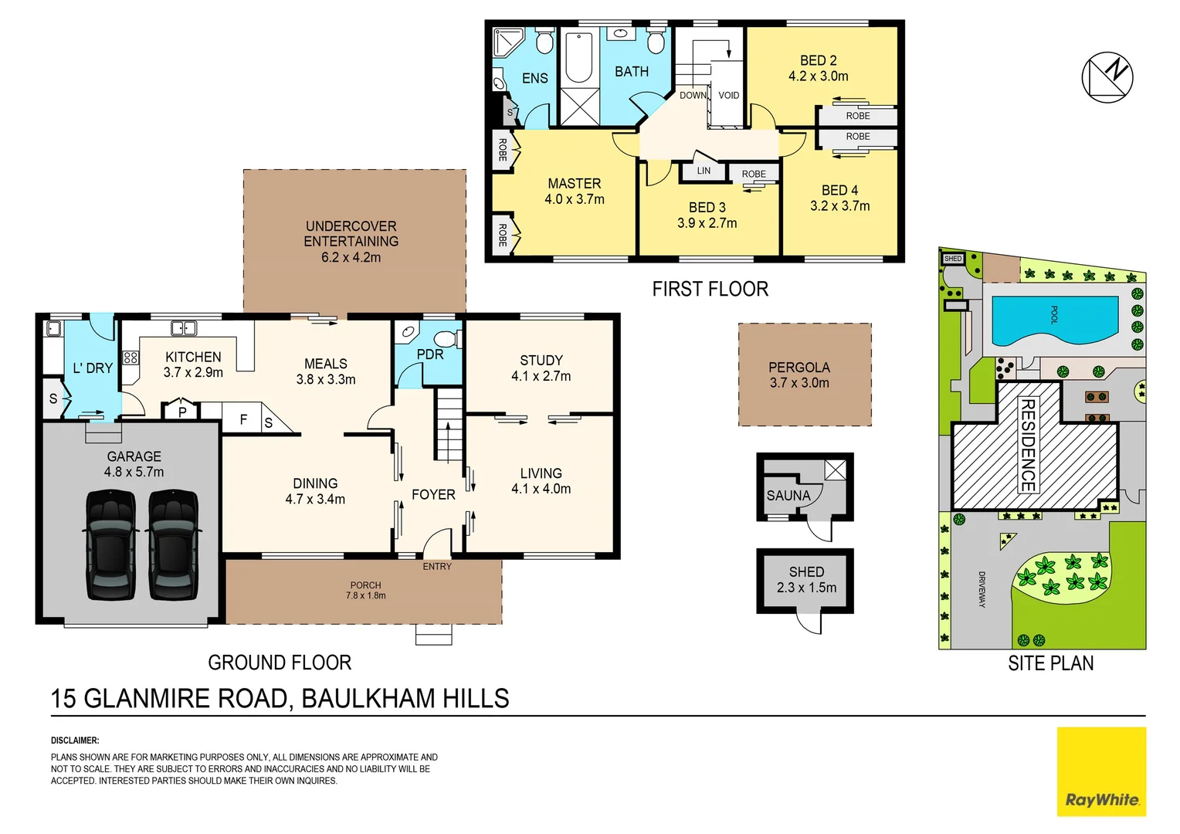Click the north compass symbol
pyautogui.click(x=1107, y=77)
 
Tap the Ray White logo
pyautogui.click(x=1101, y=771)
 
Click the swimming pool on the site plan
pyautogui.click(x=1054, y=320)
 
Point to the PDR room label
pyautogui.click(x=430, y=354)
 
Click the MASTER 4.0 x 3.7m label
pyautogui.click(x=574, y=192)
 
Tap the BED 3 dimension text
pyautogui.click(x=707, y=223)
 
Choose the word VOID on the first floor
pyautogui.click(x=728, y=96)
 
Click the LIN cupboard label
pyautogui.click(x=704, y=171)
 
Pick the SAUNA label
pyautogui.click(x=788, y=496)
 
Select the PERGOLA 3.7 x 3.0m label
pyautogui.click(x=799, y=375)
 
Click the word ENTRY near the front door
pyautogui.click(x=437, y=567)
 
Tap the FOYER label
pyautogui.click(x=433, y=495)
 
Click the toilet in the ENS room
pyautogui.click(x=544, y=42)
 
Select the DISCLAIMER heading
pyautogui.click(x=75, y=741)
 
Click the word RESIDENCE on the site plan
pyautogui.click(x=1028, y=445)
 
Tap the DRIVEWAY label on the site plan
pyautogui.click(x=982, y=589)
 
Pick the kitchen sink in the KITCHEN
pyautogui.click(x=184, y=329)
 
